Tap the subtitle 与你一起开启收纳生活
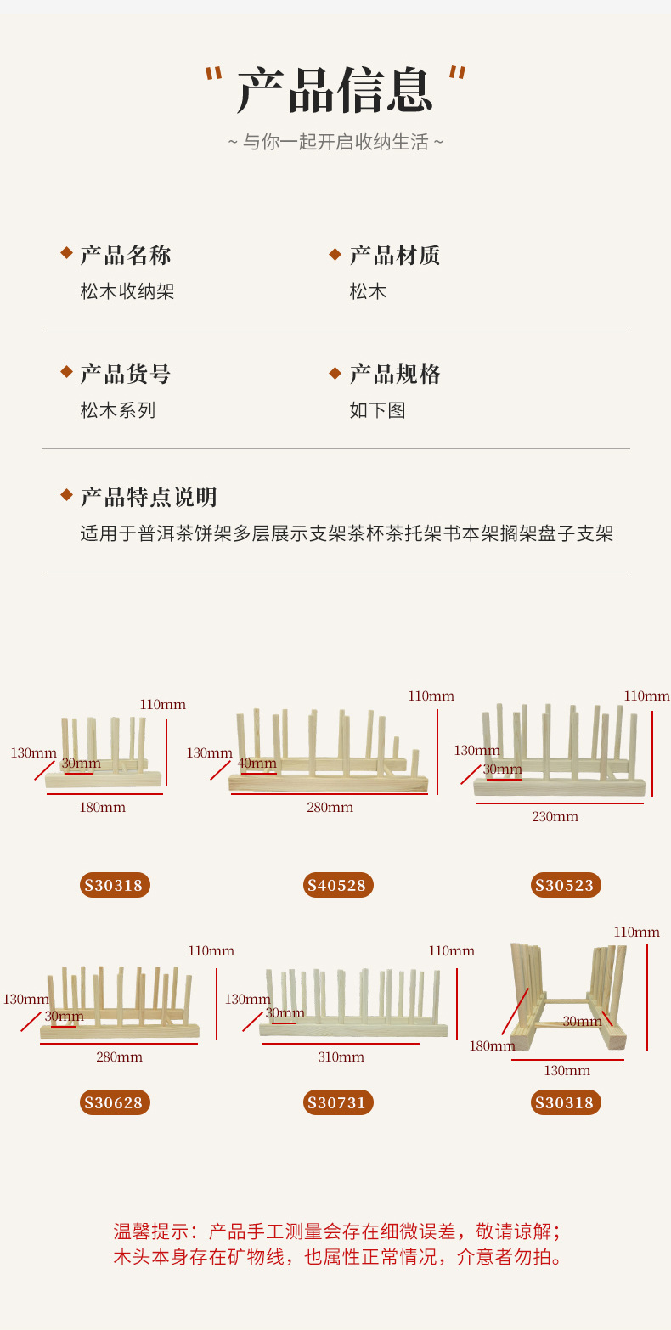coord(335,142)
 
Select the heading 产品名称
coord(126,255)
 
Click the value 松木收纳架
coord(127,291)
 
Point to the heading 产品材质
coord(395,255)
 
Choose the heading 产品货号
coord(126,374)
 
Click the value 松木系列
coord(118,410)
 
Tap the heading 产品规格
coord(395,374)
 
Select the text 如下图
coord(377,410)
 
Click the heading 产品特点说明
coord(149,497)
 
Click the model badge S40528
coord(337,885)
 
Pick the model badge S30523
coord(566,885)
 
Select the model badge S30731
coord(337,1102)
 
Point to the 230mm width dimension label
coord(555,816)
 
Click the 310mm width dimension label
coord(341,1057)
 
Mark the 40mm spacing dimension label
coord(257,763)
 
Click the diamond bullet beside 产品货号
coord(66,372)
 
